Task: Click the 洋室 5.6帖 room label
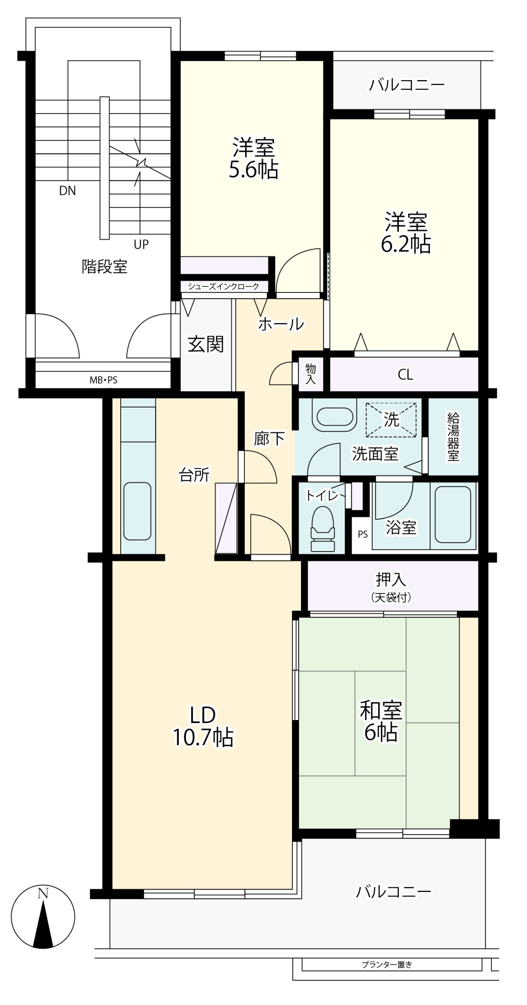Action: point(253,158)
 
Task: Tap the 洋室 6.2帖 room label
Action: point(406,232)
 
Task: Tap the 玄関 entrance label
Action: point(206,344)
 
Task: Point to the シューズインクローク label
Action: point(223,286)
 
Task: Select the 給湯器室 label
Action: point(453,437)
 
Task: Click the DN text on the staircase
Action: point(67,191)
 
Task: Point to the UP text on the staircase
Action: point(141,244)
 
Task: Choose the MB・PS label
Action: point(103,380)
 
